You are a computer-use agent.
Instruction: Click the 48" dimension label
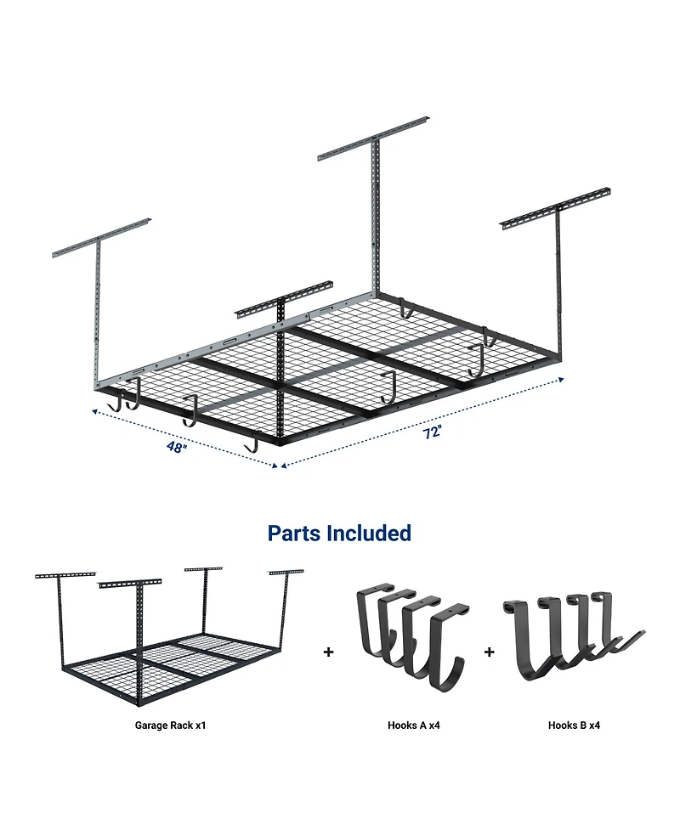[177, 448]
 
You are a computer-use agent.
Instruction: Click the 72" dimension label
[433, 432]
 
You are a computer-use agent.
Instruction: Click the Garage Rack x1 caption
[170, 726]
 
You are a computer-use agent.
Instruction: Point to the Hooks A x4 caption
[413, 726]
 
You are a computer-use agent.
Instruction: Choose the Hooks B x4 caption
[574, 726]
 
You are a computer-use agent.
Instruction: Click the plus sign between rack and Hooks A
[328, 652]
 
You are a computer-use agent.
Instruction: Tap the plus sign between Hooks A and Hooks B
[489, 652]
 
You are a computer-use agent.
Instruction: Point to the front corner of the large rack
[279, 441]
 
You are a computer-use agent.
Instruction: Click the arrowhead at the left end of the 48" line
[96, 409]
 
